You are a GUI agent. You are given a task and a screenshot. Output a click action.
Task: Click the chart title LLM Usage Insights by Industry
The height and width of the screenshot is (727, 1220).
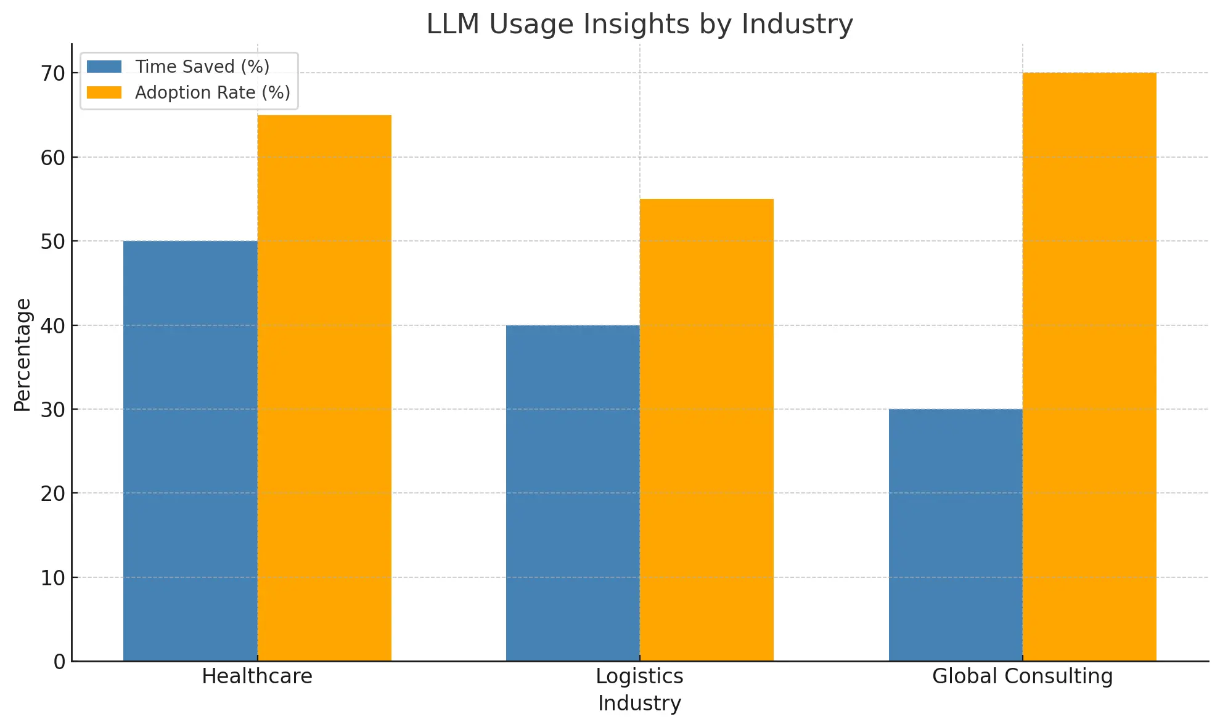point(639,25)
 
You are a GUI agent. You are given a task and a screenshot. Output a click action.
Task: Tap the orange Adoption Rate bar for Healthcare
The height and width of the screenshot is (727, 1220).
point(324,388)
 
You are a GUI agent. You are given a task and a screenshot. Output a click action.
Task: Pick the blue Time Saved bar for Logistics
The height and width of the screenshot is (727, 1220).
point(573,493)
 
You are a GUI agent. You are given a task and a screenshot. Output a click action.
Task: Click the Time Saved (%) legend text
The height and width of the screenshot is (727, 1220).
point(202,67)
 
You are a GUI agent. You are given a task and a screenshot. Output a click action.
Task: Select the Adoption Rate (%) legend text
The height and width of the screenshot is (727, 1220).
point(213,92)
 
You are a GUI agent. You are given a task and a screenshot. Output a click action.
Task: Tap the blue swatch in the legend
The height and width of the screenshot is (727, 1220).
point(104,67)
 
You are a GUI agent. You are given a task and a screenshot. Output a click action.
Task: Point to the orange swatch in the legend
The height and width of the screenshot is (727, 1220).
point(104,92)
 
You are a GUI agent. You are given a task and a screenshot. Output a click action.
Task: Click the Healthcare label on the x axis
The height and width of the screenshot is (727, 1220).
point(257,676)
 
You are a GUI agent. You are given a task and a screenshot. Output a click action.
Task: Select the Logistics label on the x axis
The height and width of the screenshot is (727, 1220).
point(639,676)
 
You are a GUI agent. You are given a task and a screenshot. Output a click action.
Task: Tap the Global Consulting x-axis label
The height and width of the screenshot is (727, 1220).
point(1022,676)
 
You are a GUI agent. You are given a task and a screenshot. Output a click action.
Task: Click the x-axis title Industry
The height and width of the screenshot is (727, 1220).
point(639,704)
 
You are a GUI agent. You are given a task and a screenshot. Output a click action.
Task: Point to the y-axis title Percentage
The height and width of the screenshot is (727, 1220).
point(23,355)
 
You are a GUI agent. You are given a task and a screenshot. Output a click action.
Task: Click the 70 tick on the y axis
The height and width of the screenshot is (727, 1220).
point(53,73)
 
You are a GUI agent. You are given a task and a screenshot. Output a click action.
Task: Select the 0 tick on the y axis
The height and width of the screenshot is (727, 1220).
point(59,662)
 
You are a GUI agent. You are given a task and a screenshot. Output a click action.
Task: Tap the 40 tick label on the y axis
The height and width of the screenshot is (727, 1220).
point(53,325)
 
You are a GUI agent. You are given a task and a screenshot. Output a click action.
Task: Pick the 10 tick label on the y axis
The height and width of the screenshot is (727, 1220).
point(53,578)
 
